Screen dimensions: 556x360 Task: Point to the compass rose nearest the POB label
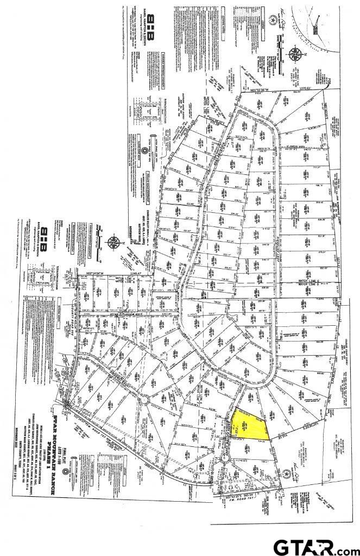coord(295,55)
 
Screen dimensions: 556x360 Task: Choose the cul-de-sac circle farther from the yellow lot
coord(144,400)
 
